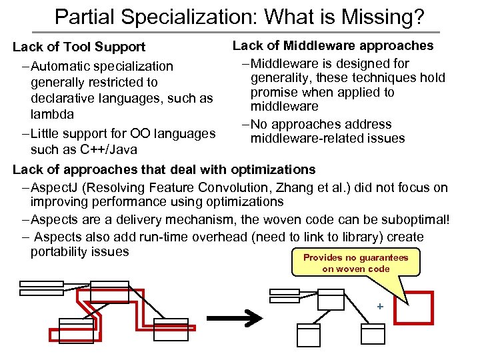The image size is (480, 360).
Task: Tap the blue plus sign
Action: point(379,307)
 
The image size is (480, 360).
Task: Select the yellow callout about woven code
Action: point(356,263)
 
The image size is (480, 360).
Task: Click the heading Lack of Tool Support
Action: point(79,47)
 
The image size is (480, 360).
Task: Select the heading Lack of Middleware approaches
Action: point(333,45)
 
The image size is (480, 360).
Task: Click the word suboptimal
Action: point(413,219)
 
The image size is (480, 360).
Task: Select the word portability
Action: point(59,251)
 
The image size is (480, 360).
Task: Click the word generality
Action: point(279,78)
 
